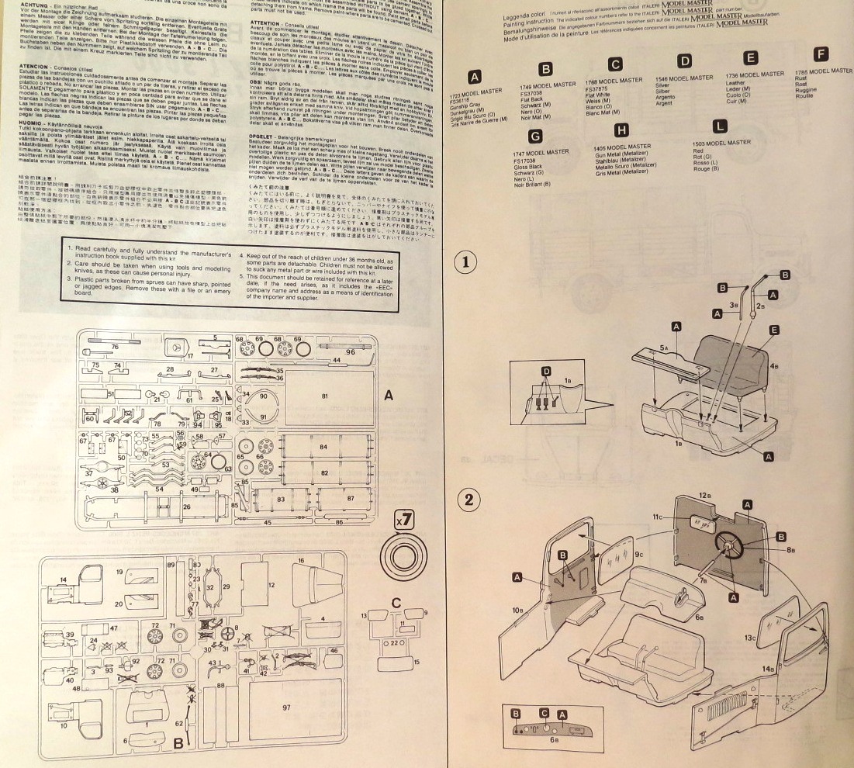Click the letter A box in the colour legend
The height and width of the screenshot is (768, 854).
(x=475, y=75)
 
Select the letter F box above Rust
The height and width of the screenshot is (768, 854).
(x=822, y=54)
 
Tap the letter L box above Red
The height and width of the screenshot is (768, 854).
(x=721, y=126)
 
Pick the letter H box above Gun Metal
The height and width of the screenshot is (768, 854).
(x=621, y=130)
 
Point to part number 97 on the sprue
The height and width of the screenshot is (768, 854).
(x=286, y=707)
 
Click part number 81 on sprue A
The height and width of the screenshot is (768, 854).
(x=323, y=396)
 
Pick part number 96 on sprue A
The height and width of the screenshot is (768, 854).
(x=350, y=352)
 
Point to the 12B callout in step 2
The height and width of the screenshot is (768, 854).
(x=704, y=495)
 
